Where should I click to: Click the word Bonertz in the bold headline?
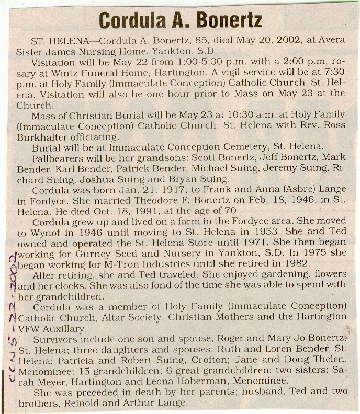click(x=230, y=20)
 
